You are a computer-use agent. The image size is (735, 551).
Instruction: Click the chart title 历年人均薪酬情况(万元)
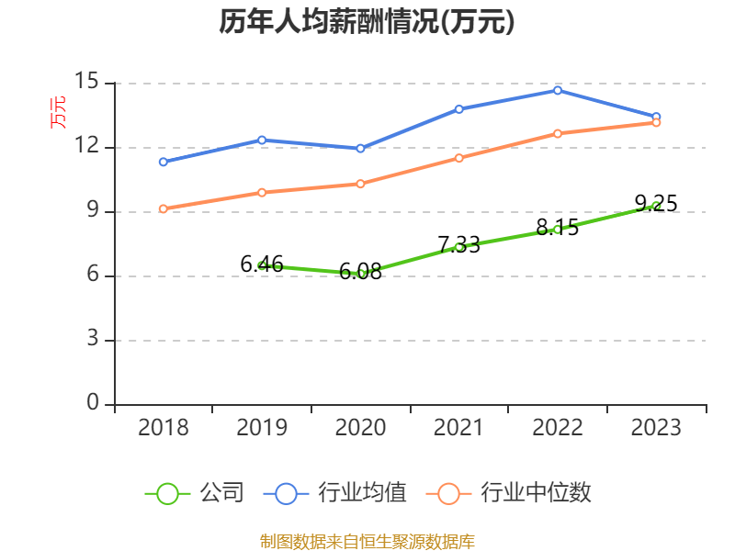point(367,22)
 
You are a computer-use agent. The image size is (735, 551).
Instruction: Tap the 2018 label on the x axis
point(164,428)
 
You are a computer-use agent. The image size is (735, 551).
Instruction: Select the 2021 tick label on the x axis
point(458,428)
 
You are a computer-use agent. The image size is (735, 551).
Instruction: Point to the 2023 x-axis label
point(656,428)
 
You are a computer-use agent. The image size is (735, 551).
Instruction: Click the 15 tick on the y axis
point(86,83)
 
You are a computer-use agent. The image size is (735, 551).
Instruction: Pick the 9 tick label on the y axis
point(92,211)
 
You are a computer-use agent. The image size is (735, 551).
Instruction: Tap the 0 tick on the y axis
point(92,404)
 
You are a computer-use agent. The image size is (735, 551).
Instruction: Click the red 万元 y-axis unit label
point(58,112)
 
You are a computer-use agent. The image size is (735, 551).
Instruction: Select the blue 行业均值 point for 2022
point(558,90)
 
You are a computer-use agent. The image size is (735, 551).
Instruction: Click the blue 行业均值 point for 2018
point(164,162)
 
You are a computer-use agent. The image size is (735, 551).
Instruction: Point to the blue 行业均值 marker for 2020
point(360,148)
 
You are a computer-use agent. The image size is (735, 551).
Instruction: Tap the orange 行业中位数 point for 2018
point(164,208)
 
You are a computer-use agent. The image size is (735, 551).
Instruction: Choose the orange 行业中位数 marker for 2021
point(458,158)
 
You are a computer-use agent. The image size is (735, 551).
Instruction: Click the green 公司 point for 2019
point(262,265)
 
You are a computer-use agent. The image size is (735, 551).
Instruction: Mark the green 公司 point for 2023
point(656,206)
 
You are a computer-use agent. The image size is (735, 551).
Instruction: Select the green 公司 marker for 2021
point(458,246)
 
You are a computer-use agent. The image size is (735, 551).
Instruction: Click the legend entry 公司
point(195,493)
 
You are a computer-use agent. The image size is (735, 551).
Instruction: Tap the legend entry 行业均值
point(334,493)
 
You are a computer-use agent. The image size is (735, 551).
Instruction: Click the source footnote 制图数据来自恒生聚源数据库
point(367,541)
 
